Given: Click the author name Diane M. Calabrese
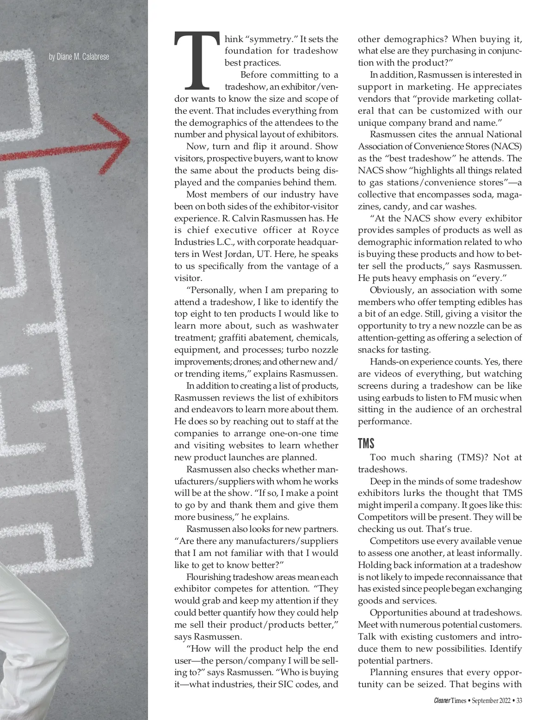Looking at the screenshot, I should pyautogui.click(x=79, y=57).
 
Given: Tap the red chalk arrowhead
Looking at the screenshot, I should pyautogui.click(x=116, y=137).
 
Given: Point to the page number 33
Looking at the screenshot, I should pyautogui.click(x=519, y=701).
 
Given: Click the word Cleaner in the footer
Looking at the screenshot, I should pyautogui.click(x=443, y=701).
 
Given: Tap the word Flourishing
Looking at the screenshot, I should pyautogui.click(x=208, y=577).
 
